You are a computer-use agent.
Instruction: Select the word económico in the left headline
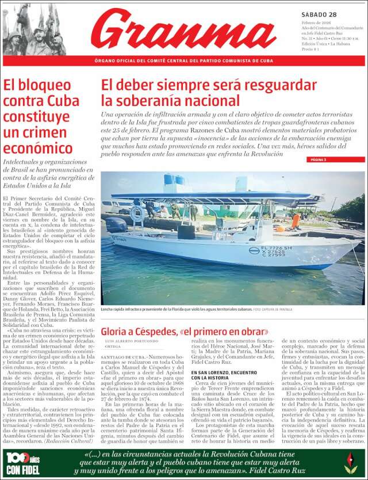(x=38, y=148)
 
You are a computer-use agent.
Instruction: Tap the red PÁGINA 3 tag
(x=318, y=159)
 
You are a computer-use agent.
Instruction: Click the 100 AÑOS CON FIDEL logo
(x=22, y=462)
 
